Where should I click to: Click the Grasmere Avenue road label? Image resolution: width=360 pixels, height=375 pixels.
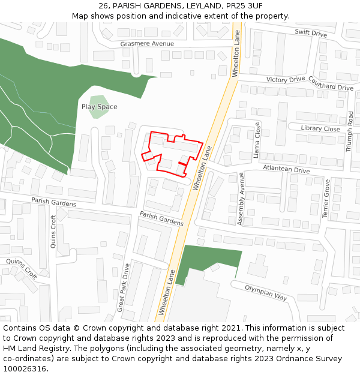[147, 44]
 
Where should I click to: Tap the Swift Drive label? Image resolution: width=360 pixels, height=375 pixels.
[310, 33]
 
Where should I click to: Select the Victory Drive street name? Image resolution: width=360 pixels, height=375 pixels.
[286, 79]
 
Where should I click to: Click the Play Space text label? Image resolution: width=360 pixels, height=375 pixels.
[100, 107]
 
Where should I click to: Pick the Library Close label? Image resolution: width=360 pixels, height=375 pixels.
[320, 128]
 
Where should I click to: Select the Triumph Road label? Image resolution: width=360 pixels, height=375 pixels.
[350, 131]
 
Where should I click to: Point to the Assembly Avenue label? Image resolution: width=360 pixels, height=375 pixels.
[241, 199]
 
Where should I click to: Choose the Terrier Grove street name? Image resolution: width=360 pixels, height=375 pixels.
[327, 197]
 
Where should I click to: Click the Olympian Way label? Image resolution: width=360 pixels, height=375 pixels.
[266, 292]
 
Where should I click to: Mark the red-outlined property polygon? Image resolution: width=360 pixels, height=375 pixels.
[172, 151]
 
